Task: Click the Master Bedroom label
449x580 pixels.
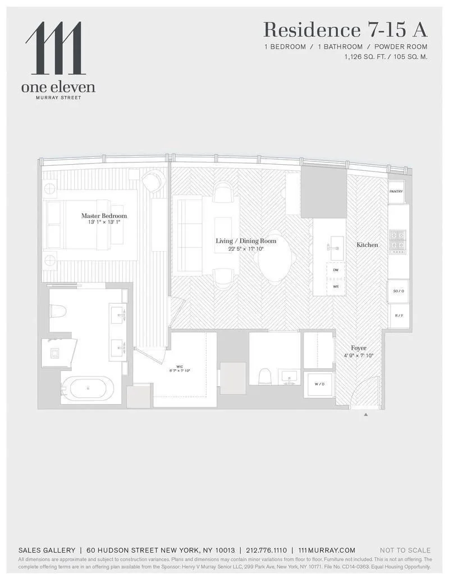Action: pos(104,216)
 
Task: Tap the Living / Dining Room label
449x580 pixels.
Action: pos(246,241)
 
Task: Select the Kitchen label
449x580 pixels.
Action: pos(367,245)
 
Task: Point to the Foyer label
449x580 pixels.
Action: pos(359,348)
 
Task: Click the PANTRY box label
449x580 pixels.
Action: pos(396,192)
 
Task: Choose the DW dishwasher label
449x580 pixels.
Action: pos(336,270)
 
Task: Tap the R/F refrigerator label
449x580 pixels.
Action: pos(399,315)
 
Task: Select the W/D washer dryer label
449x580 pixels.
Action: pos(319,384)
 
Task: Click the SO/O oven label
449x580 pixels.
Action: pos(398,291)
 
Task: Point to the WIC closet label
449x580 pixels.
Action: pos(179,366)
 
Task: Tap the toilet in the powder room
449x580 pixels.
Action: pos(265,377)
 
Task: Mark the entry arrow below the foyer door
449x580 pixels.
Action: pos(366,415)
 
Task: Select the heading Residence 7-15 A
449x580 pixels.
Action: pos(345,30)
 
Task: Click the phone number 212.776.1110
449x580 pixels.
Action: pos(266,550)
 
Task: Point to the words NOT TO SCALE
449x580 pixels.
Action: pos(405,550)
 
